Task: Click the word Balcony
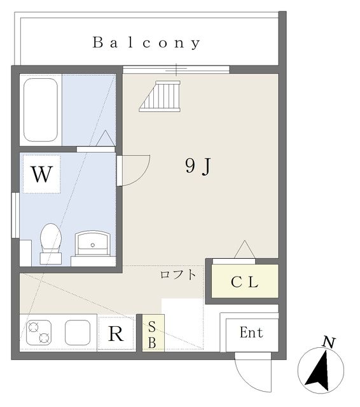146,43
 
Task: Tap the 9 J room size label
198,166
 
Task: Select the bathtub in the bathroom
41,110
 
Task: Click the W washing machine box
42,174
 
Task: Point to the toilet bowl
51,243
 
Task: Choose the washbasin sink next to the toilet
93,243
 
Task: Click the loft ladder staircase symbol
160,96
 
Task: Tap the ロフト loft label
178,275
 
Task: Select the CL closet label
244,282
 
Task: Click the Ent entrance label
251,333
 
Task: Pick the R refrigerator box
116,333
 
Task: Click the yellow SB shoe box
153,333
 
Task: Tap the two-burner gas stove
39,333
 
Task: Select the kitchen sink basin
78,333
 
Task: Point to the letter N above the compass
329,342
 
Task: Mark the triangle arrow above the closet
244,249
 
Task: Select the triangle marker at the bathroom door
106,138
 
